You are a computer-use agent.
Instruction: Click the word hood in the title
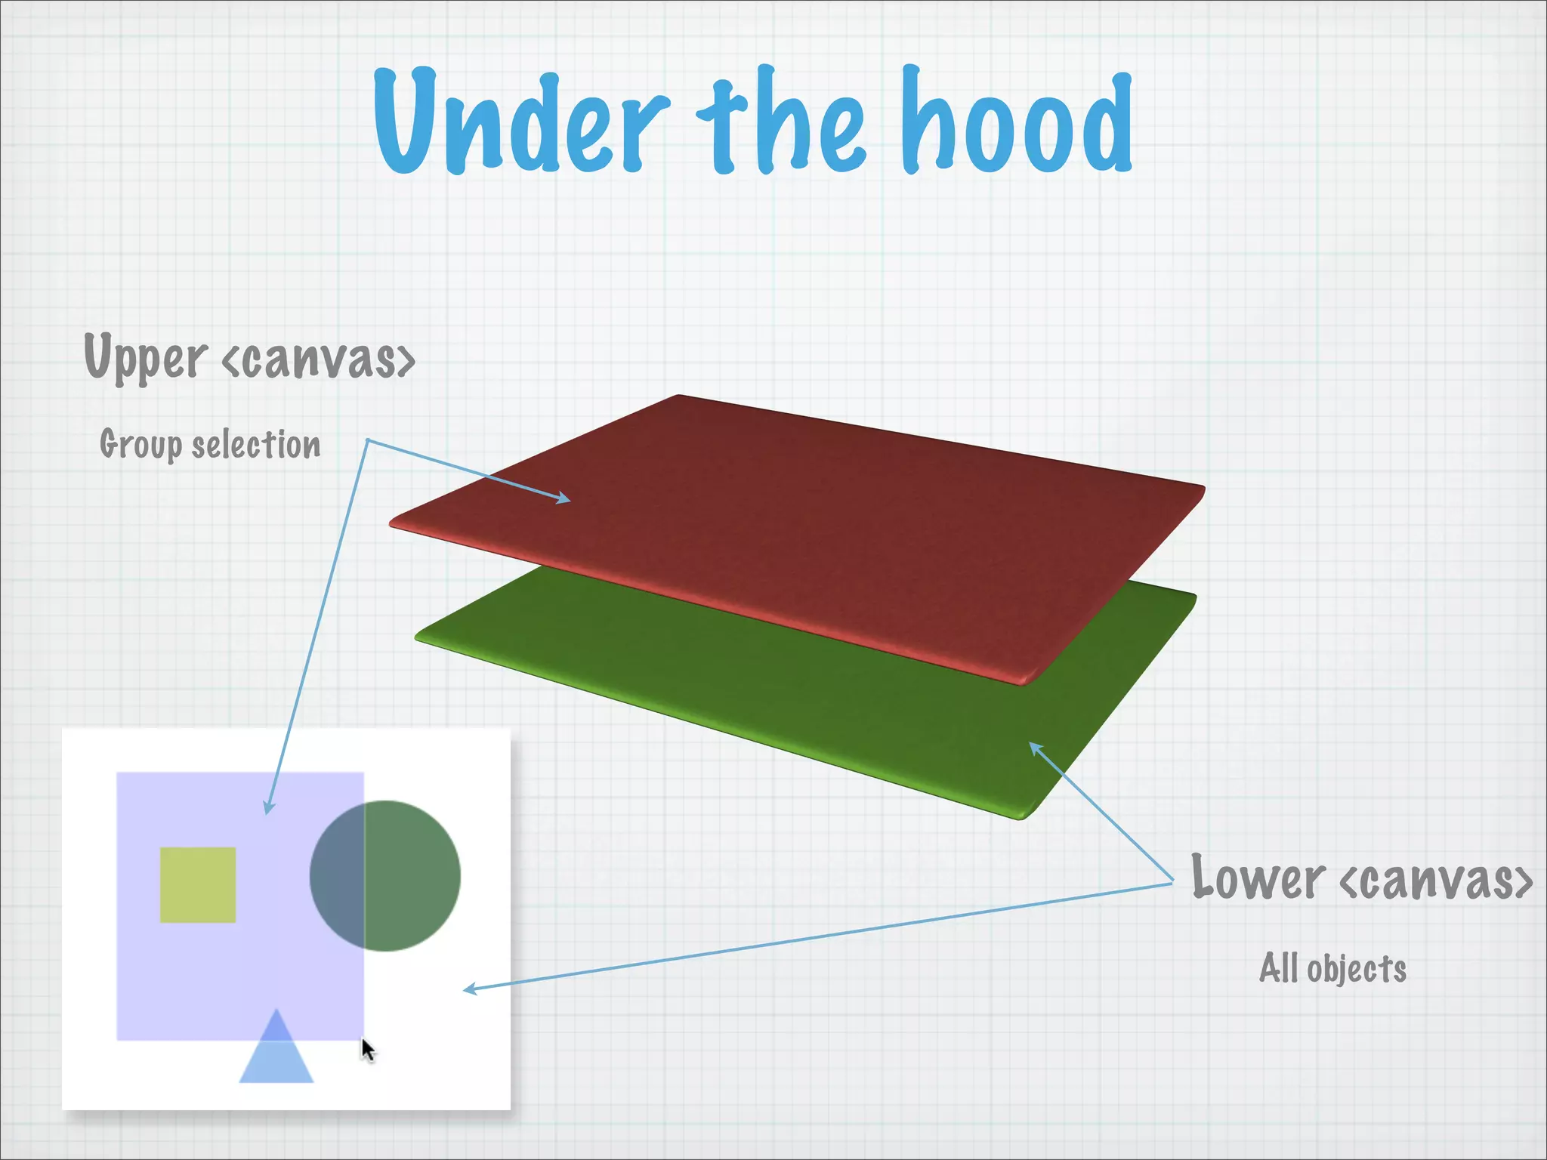click(x=1016, y=121)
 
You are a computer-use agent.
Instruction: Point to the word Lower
click(x=1257, y=878)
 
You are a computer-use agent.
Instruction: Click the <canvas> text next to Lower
click(x=1436, y=880)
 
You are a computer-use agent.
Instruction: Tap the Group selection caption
click(x=210, y=444)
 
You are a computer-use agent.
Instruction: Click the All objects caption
click(x=1332, y=969)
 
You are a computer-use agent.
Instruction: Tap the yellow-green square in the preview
click(x=198, y=884)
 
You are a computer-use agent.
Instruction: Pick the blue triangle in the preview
click(x=276, y=1054)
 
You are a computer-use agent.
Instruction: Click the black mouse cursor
click(x=367, y=1050)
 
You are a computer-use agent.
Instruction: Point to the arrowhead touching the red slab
click(x=564, y=498)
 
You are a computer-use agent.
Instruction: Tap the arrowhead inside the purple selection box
click(x=268, y=807)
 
